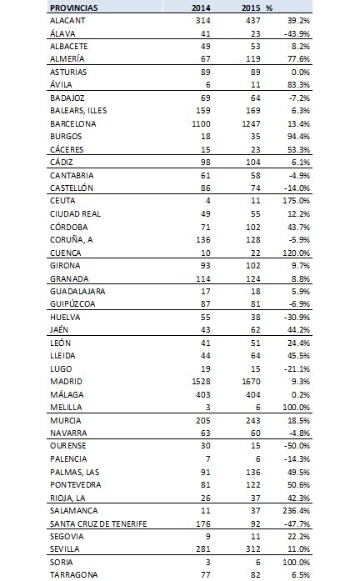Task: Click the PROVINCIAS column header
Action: click(73, 8)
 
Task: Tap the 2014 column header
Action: click(201, 8)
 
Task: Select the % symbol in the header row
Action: click(269, 8)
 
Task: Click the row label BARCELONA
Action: click(73, 123)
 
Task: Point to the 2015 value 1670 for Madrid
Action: click(251, 381)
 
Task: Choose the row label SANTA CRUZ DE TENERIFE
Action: click(98, 523)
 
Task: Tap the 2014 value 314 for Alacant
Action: click(203, 20)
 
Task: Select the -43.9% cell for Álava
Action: click(297, 33)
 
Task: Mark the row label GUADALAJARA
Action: click(77, 291)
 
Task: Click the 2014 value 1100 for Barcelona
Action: click(201, 123)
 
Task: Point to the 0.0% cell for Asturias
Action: click(300, 72)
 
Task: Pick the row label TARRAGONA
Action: click(74, 574)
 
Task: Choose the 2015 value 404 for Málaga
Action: click(253, 394)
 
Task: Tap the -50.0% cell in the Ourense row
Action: click(297, 445)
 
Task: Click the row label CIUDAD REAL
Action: click(75, 213)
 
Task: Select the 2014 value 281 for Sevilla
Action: click(203, 548)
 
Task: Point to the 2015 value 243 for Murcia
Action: click(253, 421)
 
